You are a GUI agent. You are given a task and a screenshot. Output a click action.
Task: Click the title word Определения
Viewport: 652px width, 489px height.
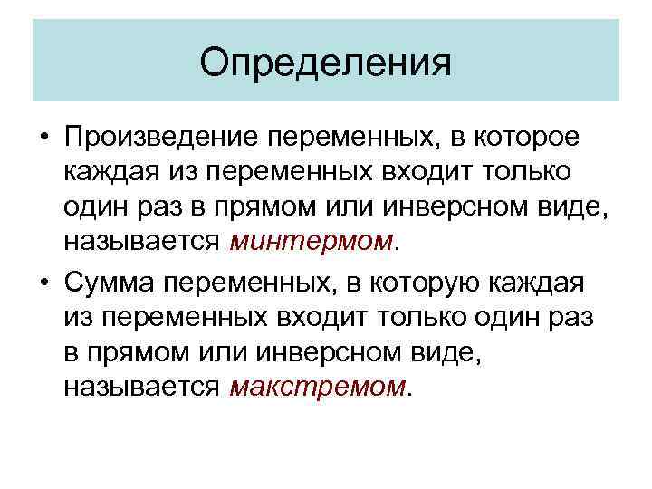click(325, 64)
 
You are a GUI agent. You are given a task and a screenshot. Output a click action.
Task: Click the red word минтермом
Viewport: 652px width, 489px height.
click(313, 243)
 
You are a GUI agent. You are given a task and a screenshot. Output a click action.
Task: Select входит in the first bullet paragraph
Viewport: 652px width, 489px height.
click(419, 174)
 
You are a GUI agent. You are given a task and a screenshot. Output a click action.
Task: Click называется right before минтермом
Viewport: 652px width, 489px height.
click(142, 243)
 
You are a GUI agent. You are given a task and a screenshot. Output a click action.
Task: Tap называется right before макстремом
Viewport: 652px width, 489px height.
click(142, 388)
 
